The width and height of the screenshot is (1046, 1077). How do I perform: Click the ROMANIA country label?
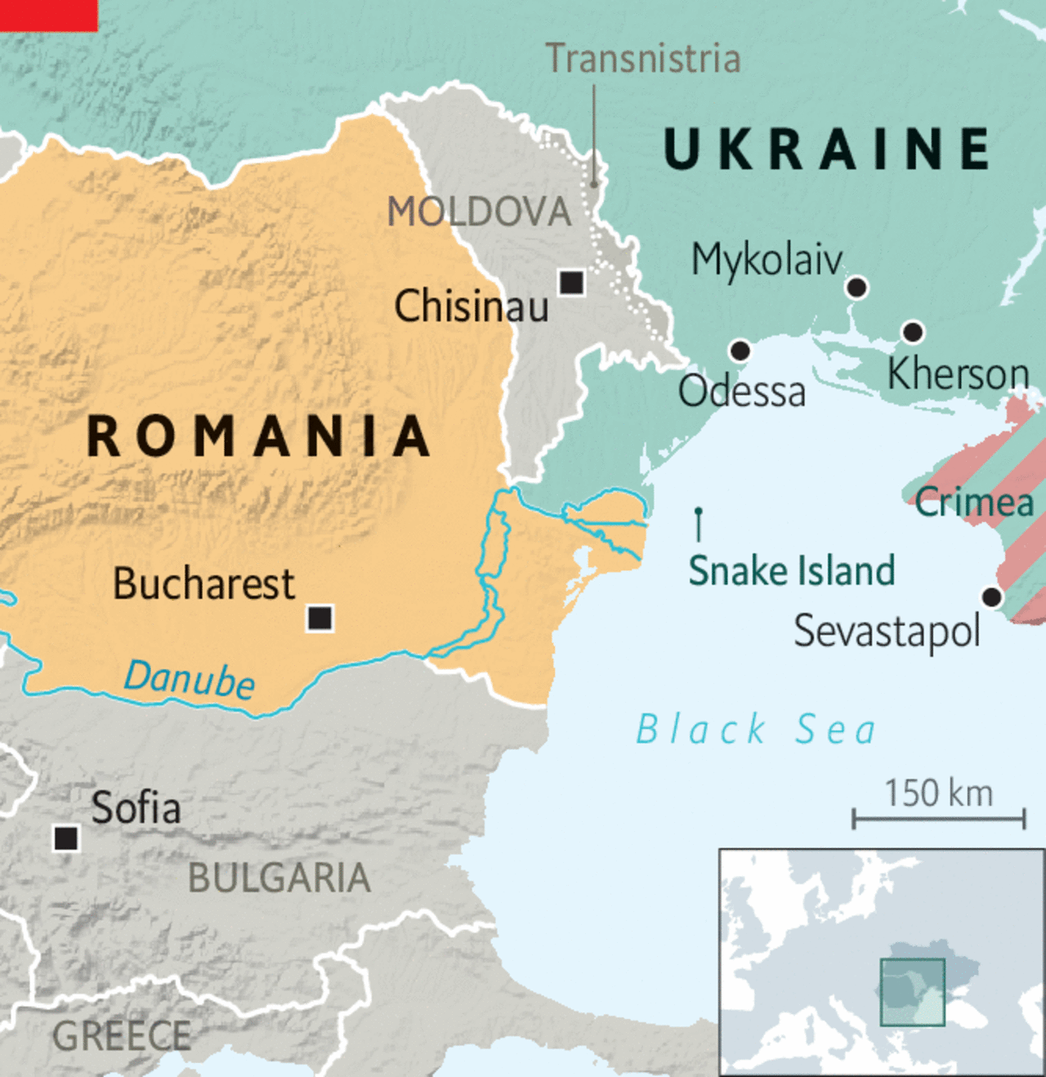point(258,436)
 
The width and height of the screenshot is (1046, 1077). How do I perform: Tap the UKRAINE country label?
point(827,149)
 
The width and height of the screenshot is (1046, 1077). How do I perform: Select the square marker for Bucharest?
point(320,618)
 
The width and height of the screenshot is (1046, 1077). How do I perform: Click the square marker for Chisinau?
point(571,283)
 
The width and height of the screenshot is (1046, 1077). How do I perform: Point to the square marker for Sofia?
point(66,838)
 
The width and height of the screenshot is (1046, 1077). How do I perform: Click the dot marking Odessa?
point(740,351)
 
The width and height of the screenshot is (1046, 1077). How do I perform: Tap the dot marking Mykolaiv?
point(856,288)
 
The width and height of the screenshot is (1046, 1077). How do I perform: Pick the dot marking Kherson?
point(913,332)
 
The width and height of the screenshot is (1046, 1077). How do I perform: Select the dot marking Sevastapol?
point(991,597)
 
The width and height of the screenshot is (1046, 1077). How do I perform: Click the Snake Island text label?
point(791,570)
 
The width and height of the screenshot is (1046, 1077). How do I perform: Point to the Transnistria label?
point(643,59)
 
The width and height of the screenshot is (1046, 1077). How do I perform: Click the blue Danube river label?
point(190,679)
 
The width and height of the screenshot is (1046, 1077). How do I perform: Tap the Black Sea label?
point(756,729)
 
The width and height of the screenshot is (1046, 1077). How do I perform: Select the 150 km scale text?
point(938,793)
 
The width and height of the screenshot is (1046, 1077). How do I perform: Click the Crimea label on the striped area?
point(974,502)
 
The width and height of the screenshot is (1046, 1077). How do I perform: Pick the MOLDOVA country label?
point(479,212)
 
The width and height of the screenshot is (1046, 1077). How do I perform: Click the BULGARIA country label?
point(279,878)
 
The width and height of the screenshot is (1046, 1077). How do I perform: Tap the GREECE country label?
point(122,1036)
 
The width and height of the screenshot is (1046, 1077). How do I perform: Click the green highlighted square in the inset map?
point(912,992)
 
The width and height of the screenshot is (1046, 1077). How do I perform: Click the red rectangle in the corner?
point(48,15)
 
